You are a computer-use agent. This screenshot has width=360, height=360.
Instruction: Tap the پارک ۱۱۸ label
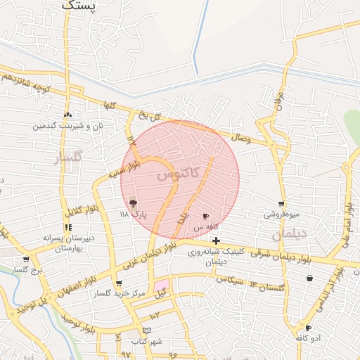134,214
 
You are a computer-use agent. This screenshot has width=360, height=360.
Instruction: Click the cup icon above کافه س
205,217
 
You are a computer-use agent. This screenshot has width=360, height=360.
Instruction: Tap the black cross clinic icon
216,241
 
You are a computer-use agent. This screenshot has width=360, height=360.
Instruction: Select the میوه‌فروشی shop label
282,213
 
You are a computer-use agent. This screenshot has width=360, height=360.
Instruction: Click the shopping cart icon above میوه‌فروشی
281,203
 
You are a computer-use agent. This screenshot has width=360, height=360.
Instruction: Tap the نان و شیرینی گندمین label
67,125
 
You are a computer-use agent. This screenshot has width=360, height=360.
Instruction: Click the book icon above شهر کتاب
146,330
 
